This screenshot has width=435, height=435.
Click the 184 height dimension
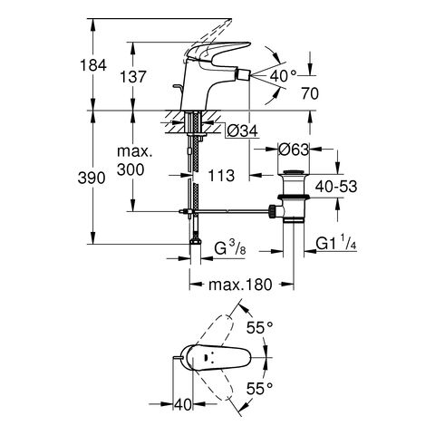pos(93,65)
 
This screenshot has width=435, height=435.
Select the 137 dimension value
pos(133,77)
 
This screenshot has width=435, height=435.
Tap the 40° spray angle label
pos(284,75)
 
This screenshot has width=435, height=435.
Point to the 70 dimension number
pos(310,93)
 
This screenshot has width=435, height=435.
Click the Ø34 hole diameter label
pos(243,130)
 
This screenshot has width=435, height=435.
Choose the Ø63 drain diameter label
pos(294,150)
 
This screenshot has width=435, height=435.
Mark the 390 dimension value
pos(92,178)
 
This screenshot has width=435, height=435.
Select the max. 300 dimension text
pos(133,160)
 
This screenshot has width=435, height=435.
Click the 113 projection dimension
pos(221,176)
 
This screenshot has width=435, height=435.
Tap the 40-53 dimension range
pos(336,187)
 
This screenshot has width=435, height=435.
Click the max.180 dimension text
pos(240,285)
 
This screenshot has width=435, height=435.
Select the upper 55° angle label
pos(260,327)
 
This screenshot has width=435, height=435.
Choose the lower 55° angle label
pos(260,388)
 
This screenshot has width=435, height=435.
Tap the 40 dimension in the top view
pos(183,405)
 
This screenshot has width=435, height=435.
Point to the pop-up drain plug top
pos(294,173)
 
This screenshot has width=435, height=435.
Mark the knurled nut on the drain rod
pos(272,211)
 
